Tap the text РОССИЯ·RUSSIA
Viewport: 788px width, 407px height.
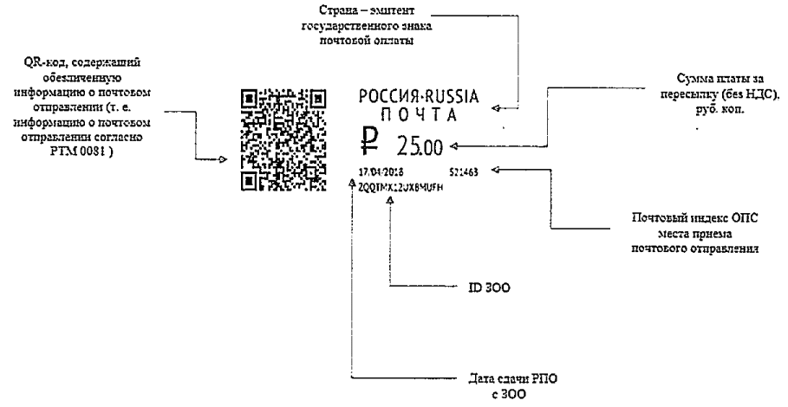419,96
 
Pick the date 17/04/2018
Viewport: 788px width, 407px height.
376,171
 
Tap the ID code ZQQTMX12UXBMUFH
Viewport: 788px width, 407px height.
401,186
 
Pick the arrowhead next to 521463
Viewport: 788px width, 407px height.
495,171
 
